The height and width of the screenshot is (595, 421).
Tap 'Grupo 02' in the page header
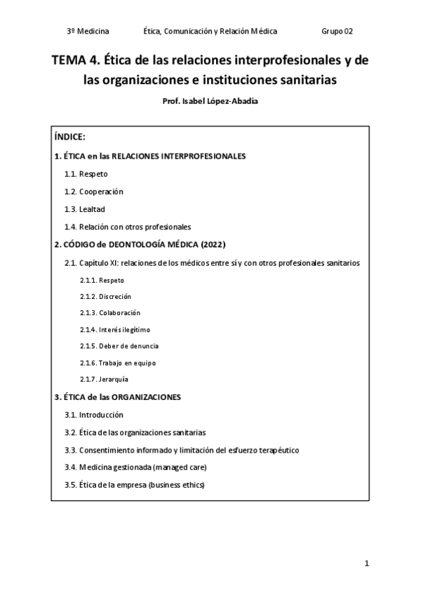tap(337, 31)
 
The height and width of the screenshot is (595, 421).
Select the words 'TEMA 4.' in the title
tap(78, 60)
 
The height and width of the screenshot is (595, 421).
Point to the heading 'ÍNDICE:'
tap(69, 138)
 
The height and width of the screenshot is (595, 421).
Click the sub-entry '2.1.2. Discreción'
tap(105, 296)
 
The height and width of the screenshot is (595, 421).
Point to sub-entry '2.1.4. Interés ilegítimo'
tap(115, 329)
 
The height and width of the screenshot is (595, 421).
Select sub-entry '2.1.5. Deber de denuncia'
tap(119, 346)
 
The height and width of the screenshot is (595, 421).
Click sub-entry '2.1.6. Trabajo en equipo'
tap(117, 363)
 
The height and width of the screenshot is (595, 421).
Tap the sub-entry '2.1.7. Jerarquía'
tap(104, 380)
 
